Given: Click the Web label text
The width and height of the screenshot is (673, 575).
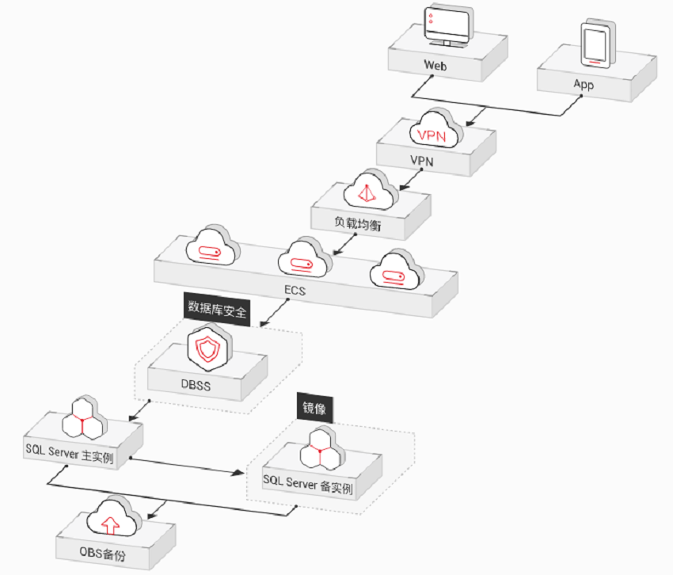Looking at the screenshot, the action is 435,65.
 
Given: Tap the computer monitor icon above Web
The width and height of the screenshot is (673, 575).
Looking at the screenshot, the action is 447,27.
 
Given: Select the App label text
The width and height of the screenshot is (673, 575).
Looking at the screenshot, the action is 584,84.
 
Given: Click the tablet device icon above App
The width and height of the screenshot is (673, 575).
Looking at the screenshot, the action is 597,43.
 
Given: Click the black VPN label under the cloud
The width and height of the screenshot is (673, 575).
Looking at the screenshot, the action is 421,161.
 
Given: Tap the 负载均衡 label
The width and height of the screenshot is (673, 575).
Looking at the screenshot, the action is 358,223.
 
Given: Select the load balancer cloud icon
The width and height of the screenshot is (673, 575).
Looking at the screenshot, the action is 370,190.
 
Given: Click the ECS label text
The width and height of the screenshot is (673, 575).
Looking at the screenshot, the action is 295,291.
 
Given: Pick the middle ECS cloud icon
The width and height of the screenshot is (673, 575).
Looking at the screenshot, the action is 304,257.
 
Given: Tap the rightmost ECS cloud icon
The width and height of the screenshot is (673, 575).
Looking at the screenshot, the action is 396,270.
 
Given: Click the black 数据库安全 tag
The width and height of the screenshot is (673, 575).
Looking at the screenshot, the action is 217,309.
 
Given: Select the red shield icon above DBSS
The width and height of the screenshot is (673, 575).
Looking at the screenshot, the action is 208,348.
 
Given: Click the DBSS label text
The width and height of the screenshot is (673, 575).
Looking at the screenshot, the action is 196,384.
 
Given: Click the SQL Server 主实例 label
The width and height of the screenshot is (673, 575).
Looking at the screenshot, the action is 70,454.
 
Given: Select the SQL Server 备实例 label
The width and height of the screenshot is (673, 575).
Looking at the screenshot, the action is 308,484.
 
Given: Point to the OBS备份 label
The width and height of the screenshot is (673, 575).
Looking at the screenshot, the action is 103,553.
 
